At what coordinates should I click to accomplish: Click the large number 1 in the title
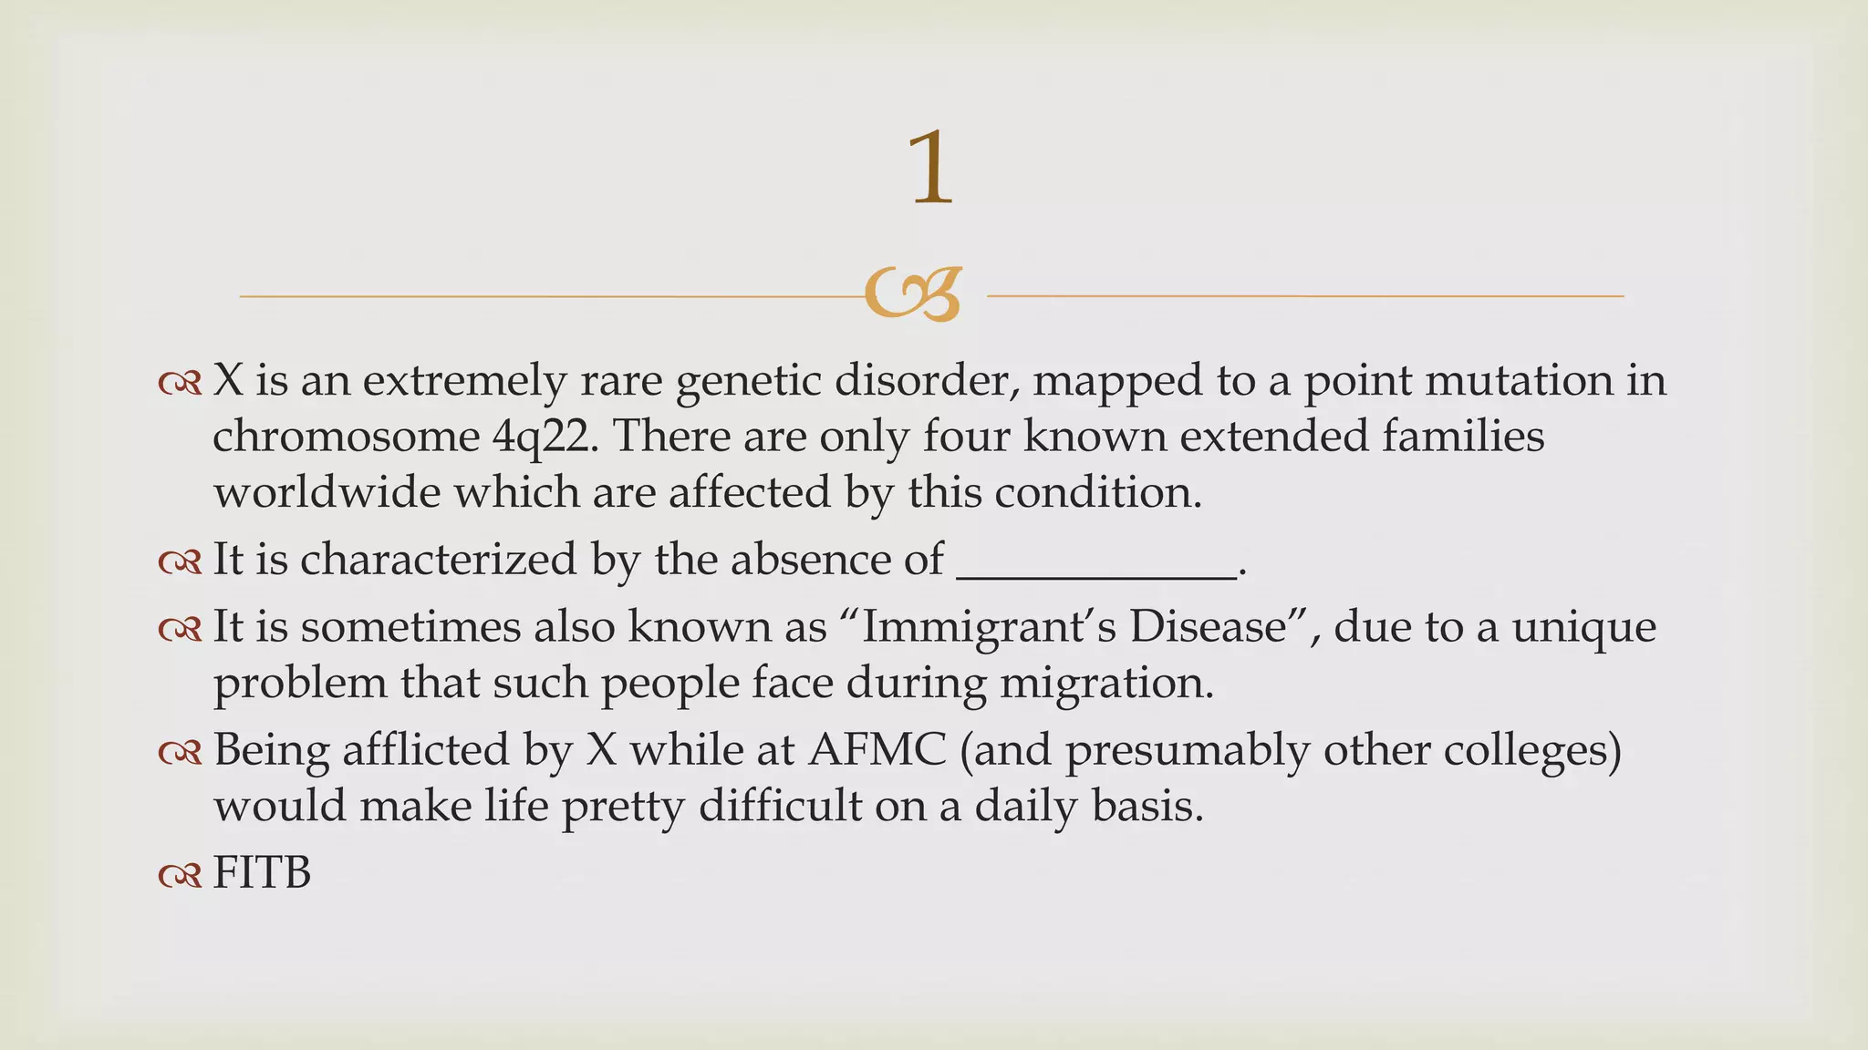931,169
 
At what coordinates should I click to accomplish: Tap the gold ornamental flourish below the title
913,294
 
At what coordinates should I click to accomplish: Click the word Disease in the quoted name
1208,627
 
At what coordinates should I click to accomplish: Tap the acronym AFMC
877,750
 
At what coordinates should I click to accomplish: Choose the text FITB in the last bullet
262,873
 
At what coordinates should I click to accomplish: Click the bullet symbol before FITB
180,876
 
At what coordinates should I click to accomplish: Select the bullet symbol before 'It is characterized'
180,562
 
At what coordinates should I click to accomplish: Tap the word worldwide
327,493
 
